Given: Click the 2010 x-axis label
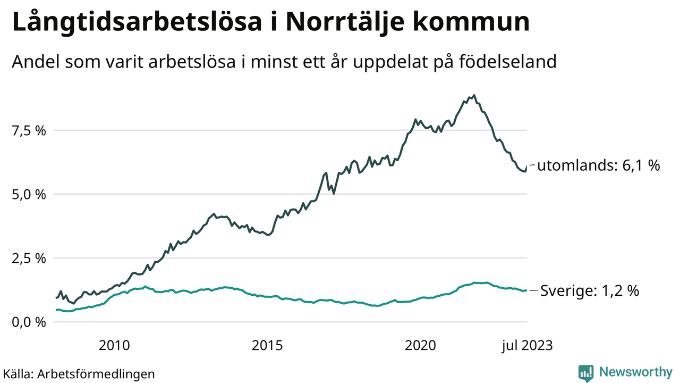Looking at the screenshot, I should [114, 346].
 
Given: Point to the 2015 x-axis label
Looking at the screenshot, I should [267, 346].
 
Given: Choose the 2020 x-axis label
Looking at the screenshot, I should [420, 346].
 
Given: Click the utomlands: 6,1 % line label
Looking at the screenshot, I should [598, 166].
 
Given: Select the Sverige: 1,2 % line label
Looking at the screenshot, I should [590, 291].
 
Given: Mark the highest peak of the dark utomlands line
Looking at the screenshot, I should [474, 96].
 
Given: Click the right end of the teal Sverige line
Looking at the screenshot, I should [526, 290].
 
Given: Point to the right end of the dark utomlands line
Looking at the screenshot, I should [526, 166].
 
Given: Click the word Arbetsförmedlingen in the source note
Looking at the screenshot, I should [96, 374].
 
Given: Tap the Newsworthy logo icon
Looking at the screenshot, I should [586, 373].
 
